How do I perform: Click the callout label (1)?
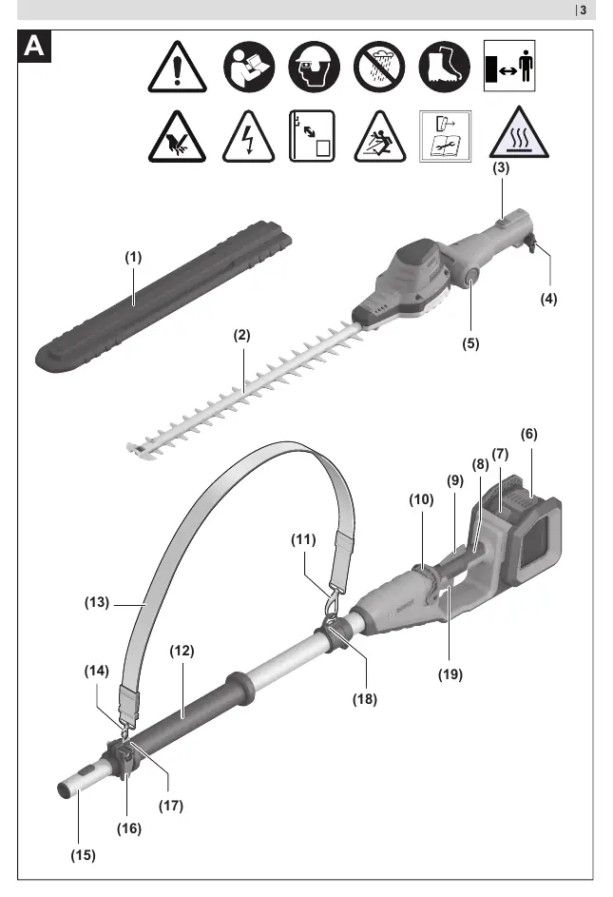[x=133, y=258]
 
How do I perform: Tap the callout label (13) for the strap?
[x=97, y=602]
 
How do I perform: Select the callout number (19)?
[x=450, y=674]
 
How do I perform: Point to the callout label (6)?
[x=529, y=434]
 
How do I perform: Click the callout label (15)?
[x=83, y=855]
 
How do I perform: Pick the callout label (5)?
[x=470, y=343]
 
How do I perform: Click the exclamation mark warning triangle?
[x=178, y=67]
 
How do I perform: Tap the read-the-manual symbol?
[x=249, y=67]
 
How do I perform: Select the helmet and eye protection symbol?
[x=314, y=67]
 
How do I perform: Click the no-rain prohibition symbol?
[x=379, y=67]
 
